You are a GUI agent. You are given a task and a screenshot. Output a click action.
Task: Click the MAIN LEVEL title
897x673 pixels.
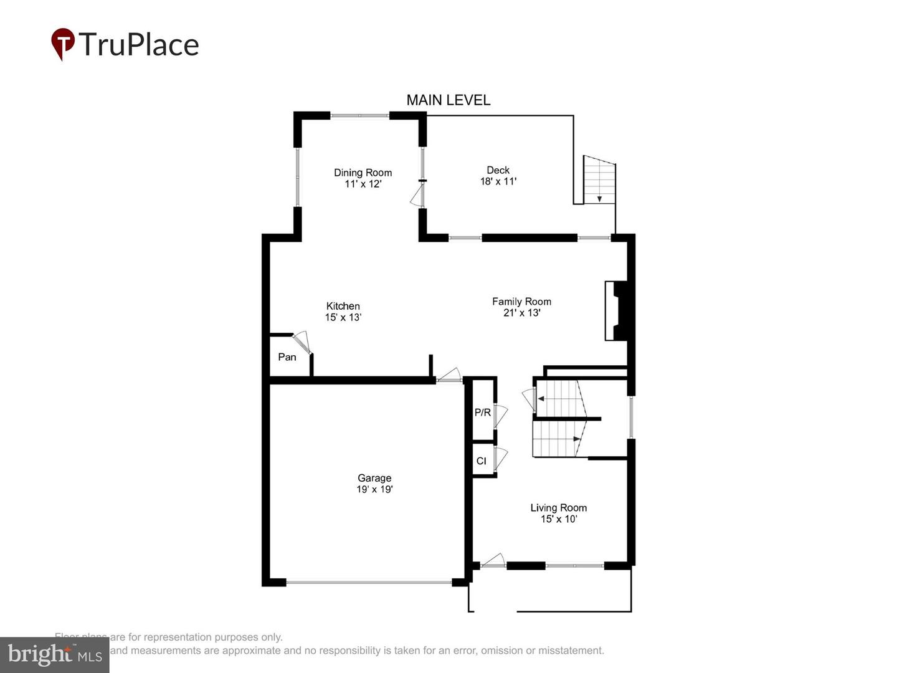click(x=448, y=100)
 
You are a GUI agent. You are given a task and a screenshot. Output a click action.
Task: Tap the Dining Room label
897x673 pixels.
click(x=363, y=173)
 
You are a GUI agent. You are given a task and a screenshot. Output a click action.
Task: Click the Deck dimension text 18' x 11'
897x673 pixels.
click(x=498, y=181)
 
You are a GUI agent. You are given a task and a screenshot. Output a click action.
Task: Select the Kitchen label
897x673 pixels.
click(x=343, y=306)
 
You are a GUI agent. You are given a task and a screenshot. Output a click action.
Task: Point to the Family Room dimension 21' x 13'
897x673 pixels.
click(x=521, y=313)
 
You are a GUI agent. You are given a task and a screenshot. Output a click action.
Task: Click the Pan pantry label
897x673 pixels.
click(x=287, y=357)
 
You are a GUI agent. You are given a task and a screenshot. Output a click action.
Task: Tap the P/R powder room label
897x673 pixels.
click(x=482, y=413)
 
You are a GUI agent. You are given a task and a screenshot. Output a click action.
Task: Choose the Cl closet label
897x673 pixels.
click(x=481, y=461)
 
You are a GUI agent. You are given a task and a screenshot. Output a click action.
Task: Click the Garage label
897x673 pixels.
click(x=374, y=478)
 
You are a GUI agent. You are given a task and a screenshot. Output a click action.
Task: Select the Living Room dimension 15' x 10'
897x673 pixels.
click(x=559, y=519)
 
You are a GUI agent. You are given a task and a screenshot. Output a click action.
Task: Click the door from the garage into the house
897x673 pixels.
click(x=448, y=375)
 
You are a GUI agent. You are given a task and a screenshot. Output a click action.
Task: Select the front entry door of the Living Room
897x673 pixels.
click(x=493, y=560)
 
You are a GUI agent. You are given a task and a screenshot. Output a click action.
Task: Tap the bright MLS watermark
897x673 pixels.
click(x=54, y=655)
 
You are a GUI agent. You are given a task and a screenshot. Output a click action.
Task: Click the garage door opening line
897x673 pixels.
click(x=369, y=583)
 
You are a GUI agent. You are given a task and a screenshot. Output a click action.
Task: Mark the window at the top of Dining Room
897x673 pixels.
click(x=359, y=115)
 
